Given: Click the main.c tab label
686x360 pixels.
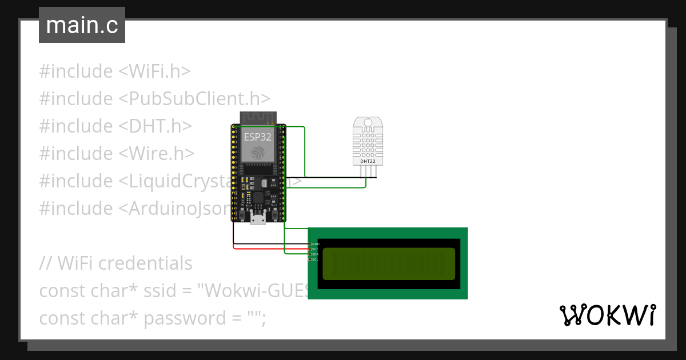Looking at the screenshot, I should coord(82,26).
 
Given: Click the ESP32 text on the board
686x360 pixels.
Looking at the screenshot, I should coord(258,137).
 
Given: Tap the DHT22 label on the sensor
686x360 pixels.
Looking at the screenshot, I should coord(368,162).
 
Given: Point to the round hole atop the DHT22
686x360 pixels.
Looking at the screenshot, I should coord(368,122).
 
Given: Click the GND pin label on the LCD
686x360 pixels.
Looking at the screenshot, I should coord(315,244).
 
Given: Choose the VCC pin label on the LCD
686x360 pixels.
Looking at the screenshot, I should coord(315,249).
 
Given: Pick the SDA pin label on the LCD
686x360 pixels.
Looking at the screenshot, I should coord(315,254).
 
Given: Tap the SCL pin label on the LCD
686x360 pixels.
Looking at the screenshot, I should coord(315,259).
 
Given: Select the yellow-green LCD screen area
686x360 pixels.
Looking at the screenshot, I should coord(389,263).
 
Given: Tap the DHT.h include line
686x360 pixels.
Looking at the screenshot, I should coord(115,126).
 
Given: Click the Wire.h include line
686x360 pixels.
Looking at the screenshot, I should coord(117,154).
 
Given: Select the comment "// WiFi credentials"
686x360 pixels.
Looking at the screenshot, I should coord(115,263).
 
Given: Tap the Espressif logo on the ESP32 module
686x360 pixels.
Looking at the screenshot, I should coord(258,153).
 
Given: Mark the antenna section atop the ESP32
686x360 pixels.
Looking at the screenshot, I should coord(258,117).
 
